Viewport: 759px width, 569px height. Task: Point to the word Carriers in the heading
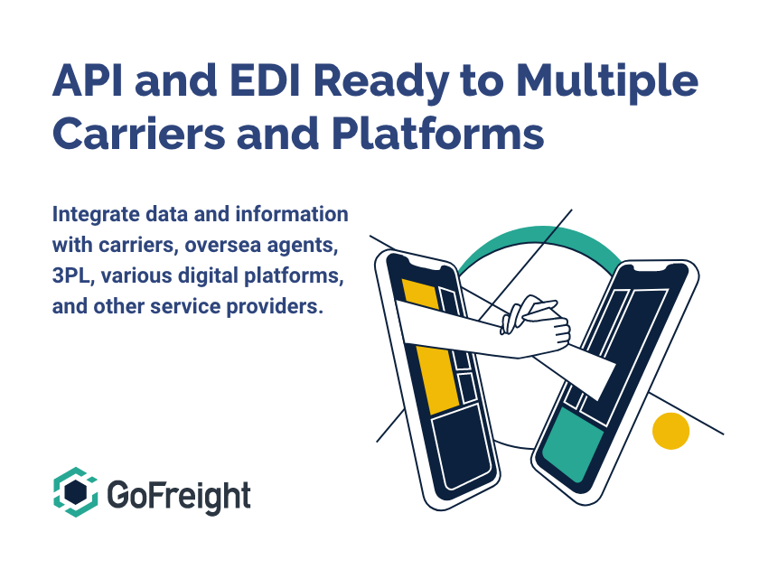138,133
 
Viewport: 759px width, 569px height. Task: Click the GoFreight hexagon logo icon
76,492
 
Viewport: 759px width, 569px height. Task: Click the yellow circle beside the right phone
670,431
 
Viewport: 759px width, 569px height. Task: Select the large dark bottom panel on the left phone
462,445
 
